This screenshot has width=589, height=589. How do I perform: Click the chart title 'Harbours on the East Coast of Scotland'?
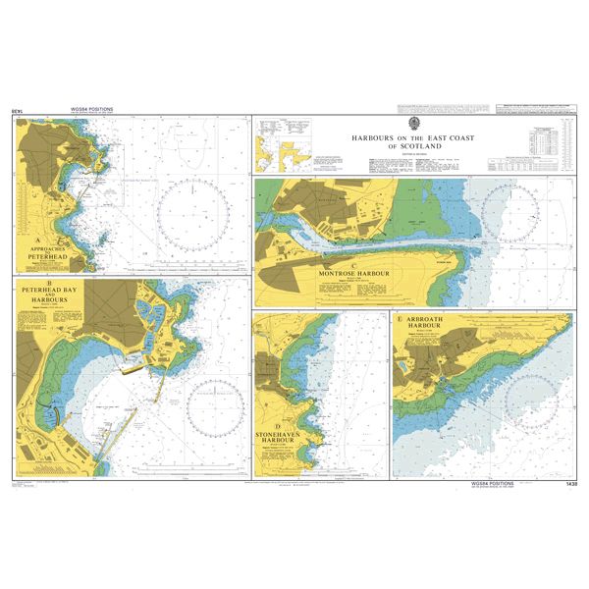[x=413, y=142]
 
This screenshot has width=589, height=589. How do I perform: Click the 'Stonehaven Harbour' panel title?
[x=284, y=435]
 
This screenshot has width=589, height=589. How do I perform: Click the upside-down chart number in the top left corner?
[x=17, y=111]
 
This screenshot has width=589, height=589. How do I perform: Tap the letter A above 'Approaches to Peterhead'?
[x=37, y=241]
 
